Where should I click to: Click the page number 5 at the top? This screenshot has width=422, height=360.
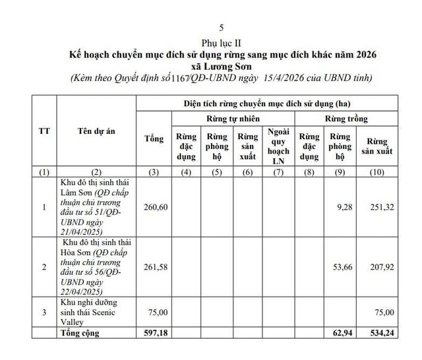click(x=221, y=28)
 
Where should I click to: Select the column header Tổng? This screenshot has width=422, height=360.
click(x=153, y=138)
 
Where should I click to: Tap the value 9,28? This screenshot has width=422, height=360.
click(x=336, y=207)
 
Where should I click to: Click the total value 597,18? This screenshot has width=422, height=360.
click(x=153, y=334)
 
